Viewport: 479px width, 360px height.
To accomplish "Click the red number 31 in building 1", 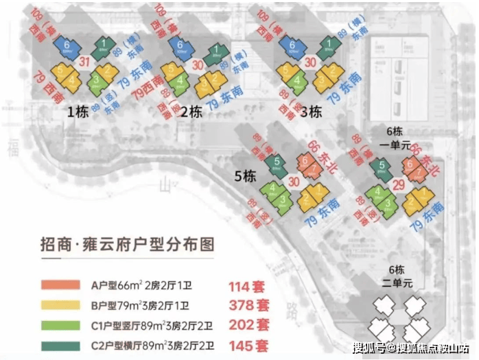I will click(85, 64).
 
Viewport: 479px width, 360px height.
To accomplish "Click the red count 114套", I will click(248, 285).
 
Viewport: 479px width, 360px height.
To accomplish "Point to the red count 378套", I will click(248, 304).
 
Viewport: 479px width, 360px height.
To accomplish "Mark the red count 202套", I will click(248, 324).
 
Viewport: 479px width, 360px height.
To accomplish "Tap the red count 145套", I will click(248, 344).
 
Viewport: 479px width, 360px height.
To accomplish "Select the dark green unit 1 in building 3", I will click(329, 47).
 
